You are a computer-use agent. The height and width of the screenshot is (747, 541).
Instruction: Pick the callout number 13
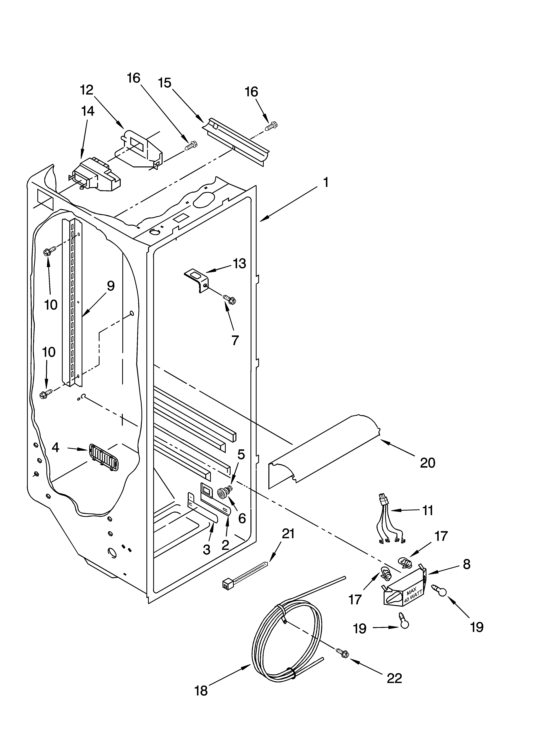239,264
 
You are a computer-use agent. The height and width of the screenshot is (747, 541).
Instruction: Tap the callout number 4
55,447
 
